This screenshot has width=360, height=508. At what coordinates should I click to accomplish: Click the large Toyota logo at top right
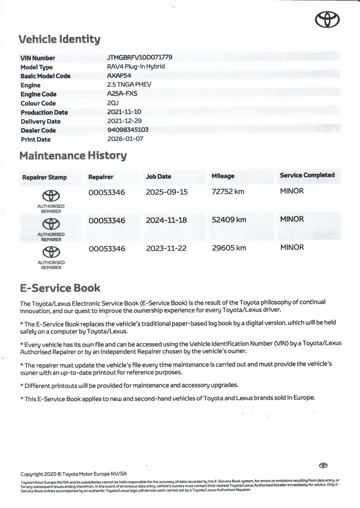pyautogui.click(x=327, y=19)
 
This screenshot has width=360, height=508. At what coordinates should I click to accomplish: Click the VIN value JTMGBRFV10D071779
pyautogui.click(x=139, y=57)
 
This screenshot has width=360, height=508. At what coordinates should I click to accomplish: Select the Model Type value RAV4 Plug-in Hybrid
pyautogui.click(x=136, y=66)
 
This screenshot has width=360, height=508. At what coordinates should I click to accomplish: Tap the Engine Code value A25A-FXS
pyautogui.click(x=122, y=93)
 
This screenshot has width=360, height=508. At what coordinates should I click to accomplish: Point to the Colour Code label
pyautogui.click(x=38, y=103)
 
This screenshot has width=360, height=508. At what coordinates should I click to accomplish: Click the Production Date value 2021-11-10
pyautogui.click(x=124, y=112)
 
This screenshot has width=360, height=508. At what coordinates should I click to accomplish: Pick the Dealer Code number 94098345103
pyautogui.click(x=128, y=129)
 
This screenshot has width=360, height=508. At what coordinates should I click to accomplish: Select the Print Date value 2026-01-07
pyautogui.click(x=125, y=139)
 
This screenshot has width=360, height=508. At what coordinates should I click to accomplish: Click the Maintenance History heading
pyautogui.click(x=73, y=156)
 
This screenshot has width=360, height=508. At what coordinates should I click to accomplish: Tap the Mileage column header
pyautogui.click(x=223, y=176)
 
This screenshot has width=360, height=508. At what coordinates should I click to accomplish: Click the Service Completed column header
pyautogui.click(x=307, y=175)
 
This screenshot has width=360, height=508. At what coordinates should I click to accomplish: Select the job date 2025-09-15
pyautogui.click(x=167, y=192)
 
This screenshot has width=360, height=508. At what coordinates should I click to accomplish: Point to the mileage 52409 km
pyautogui.click(x=229, y=220)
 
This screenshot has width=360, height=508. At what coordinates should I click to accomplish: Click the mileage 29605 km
pyautogui.click(x=229, y=248)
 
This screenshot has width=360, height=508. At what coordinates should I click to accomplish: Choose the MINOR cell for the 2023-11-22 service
pyautogui.click(x=292, y=247)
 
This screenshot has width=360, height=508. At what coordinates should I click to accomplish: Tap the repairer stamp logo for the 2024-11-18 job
pyautogui.click(x=51, y=224)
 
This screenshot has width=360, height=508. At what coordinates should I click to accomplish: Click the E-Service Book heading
pyautogui.click(x=60, y=288)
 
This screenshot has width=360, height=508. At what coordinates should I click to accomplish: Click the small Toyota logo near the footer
pyautogui.click(x=323, y=465)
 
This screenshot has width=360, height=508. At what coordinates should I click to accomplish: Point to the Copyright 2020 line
pyautogui.click(x=73, y=474)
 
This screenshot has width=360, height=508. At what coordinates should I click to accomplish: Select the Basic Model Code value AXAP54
pyautogui.click(x=119, y=75)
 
